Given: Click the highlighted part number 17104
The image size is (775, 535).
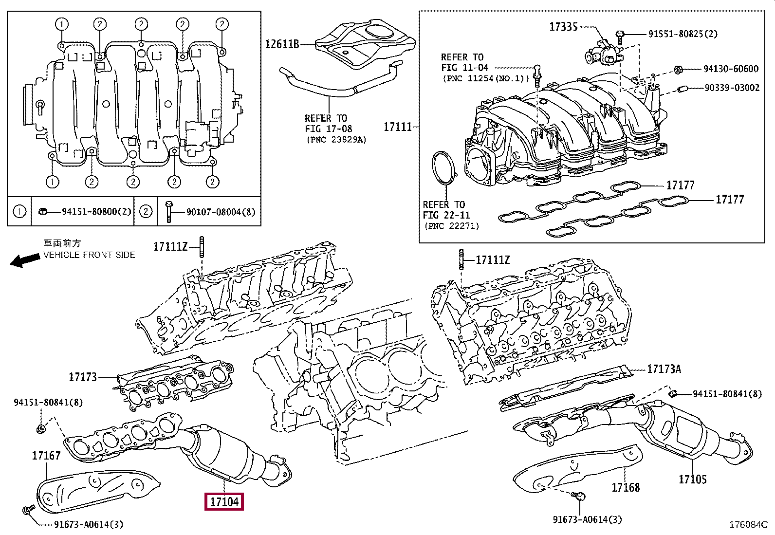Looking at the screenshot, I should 224,501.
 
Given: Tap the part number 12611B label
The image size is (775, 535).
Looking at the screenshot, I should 282,44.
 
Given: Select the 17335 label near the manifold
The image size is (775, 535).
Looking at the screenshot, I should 563,27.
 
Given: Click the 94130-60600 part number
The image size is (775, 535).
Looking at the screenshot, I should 731,69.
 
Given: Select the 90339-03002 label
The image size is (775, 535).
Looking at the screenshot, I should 732,88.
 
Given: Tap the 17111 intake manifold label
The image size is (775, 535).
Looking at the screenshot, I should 398,127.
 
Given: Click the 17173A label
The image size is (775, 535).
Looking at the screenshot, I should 664,369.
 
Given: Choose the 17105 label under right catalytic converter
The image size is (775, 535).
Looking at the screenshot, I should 692,480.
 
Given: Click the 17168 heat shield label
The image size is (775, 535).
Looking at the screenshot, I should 626,487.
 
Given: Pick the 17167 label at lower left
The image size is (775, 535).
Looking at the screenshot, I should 46,456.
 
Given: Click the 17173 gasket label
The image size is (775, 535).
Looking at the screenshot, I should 83,377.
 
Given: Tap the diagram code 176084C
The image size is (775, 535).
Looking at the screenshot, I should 748,525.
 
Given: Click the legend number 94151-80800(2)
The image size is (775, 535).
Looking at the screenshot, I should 96,212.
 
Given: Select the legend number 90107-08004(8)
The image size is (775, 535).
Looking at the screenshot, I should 221,212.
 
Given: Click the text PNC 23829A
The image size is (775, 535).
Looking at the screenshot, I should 336,140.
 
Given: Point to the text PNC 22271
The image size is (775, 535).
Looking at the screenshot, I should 451,226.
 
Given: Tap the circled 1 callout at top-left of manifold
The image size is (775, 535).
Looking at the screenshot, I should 61,24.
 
